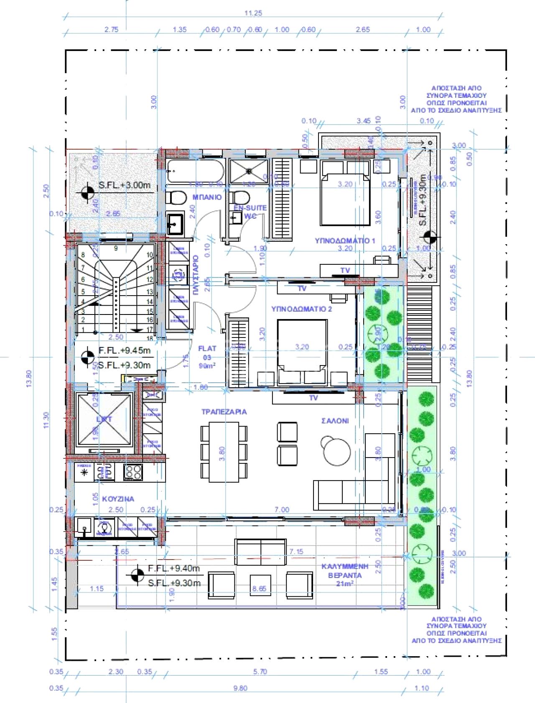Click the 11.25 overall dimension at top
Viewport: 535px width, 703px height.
click(253, 13)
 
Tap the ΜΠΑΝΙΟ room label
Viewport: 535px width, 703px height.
click(207, 197)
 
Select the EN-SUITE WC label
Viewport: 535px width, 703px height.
click(250, 212)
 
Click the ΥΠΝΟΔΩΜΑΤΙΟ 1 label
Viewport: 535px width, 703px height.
click(345, 240)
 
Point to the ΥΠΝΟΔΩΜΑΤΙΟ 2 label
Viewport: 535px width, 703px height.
click(301, 309)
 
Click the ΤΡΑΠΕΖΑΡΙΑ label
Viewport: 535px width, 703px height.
click(224, 412)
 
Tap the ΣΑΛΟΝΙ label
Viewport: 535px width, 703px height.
click(335, 421)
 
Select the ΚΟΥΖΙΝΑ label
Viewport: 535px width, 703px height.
click(118, 499)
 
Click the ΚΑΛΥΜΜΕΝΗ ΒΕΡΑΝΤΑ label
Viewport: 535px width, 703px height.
click(345, 571)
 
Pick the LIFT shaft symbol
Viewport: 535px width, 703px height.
click(104, 419)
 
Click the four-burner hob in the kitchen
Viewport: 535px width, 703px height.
click(133, 472)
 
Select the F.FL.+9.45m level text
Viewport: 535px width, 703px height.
click(124, 350)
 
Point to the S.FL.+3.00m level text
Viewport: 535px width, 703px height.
click(124, 185)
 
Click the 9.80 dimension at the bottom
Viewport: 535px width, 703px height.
click(240, 688)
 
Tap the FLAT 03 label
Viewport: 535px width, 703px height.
click(207, 353)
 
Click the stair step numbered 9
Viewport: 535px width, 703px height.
click(116, 248)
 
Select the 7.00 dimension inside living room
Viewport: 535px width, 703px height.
click(282, 509)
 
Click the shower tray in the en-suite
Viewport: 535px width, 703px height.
click(249, 171)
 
